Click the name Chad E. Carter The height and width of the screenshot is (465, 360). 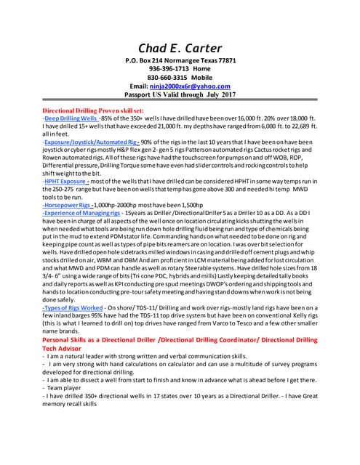(x=180, y=49)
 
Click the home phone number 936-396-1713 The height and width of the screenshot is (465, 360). (x=161, y=68)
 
